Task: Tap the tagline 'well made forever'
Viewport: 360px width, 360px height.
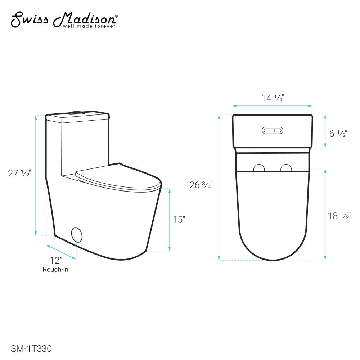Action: [89, 26]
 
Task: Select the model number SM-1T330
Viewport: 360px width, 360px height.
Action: [31, 348]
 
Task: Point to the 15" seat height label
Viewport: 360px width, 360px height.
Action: [179, 219]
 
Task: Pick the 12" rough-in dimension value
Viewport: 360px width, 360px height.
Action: [56, 260]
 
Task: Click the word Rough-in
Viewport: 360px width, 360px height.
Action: [55, 269]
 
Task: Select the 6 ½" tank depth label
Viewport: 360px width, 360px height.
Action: [338, 134]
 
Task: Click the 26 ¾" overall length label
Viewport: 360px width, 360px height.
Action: [201, 185]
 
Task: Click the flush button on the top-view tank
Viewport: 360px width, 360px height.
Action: [273, 130]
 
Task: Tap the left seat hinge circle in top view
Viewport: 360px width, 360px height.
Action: [259, 167]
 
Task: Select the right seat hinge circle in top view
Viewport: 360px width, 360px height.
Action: [286, 167]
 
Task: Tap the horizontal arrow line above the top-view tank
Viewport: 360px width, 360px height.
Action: [272, 106]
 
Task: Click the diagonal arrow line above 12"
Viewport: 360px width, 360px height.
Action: [62, 252]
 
